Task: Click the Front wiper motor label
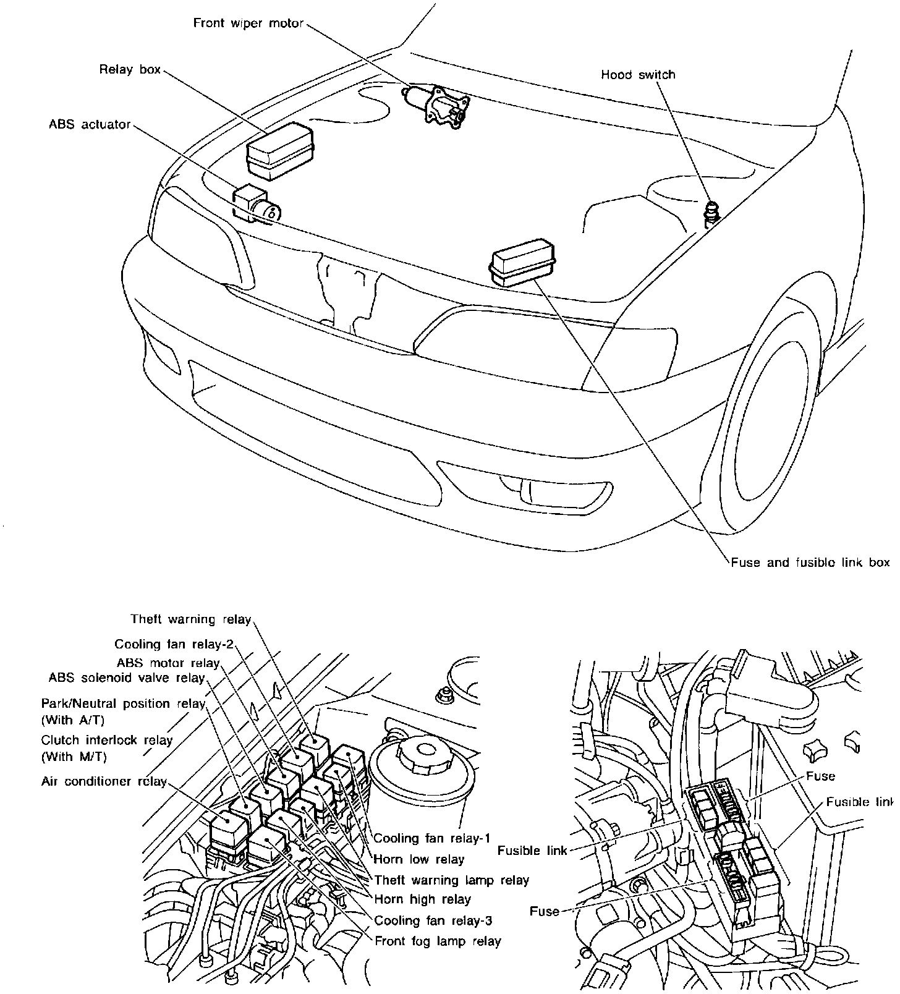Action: coord(248,23)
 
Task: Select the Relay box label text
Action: coord(130,70)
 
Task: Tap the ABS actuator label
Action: coord(90,125)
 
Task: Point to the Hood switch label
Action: coord(638,75)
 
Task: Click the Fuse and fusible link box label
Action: coord(810,563)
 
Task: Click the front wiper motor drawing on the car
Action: coord(436,105)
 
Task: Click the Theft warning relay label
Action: coord(190,619)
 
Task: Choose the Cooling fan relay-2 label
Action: coord(174,645)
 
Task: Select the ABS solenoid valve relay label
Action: coord(126,678)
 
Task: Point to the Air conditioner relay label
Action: coord(104,781)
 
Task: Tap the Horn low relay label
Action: coord(418,859)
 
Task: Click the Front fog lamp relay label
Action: coord(438,941)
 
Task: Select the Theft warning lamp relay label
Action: coord(452,880)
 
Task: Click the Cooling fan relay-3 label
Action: coord(433,920)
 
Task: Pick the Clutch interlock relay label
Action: coord(106,741)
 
